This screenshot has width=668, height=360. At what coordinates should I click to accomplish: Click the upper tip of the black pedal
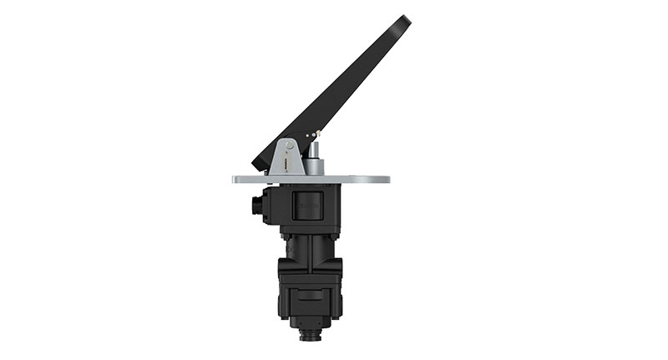pyautogui.click(x=404, y=20)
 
